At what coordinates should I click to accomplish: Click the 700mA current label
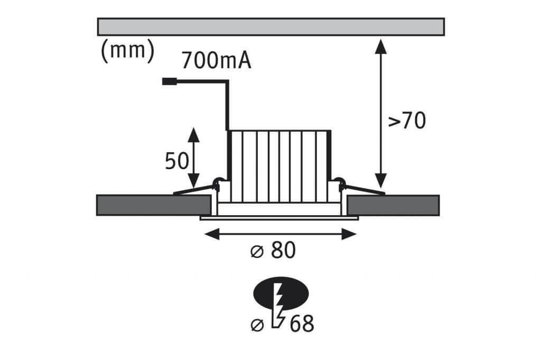click(x=216, y=60)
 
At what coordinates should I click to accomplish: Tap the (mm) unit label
click(x=127, y=51)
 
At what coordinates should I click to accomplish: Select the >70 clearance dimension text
click(x=407, y=121)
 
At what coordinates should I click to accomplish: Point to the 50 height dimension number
click(x=176, y=161)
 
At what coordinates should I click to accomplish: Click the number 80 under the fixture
click(x=283, y=250)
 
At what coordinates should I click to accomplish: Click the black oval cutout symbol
click(x=281, y=293)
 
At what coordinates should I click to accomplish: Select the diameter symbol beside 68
click(x=257, y=325)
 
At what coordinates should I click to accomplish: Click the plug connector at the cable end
click(x=170, y=81)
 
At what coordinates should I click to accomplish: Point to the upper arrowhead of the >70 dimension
click(x=380, y=46)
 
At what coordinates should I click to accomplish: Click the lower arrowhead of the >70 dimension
click(x=380, y=181)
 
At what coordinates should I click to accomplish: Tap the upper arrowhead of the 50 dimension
click(x=194, y=135)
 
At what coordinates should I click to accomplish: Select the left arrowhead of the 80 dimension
click(x=212, y=234)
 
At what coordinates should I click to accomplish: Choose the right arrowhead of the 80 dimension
click(x=349, y=234)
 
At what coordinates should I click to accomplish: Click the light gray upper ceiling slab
click(x=271, y=26)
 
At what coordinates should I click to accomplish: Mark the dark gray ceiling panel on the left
click(x=154, y=205)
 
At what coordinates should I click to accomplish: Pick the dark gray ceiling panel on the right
click(x=393, y=205)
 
